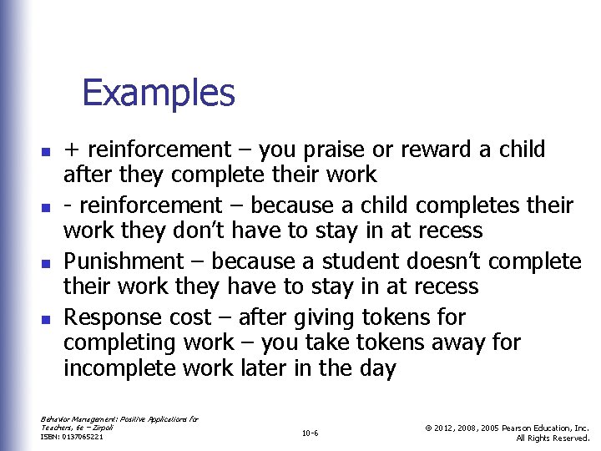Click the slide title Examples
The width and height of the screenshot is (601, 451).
pos(159,93)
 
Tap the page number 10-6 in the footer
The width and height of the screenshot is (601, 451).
pos(310,433)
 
